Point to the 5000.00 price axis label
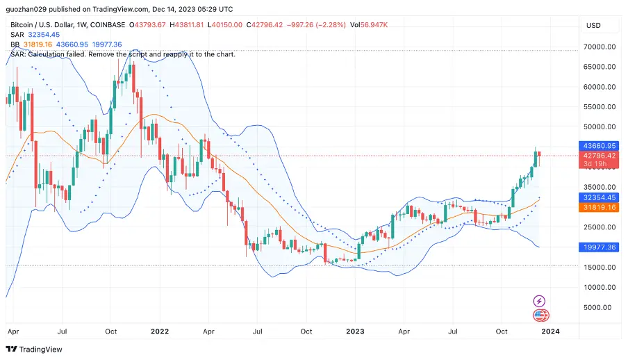click(600, 307)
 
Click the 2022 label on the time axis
click(160, 332)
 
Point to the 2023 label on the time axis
click(355, 332)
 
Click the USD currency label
click(594, 25)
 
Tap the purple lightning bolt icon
click(539, 301)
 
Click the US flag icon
click(540, 316)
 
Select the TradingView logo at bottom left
click(34, 350)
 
